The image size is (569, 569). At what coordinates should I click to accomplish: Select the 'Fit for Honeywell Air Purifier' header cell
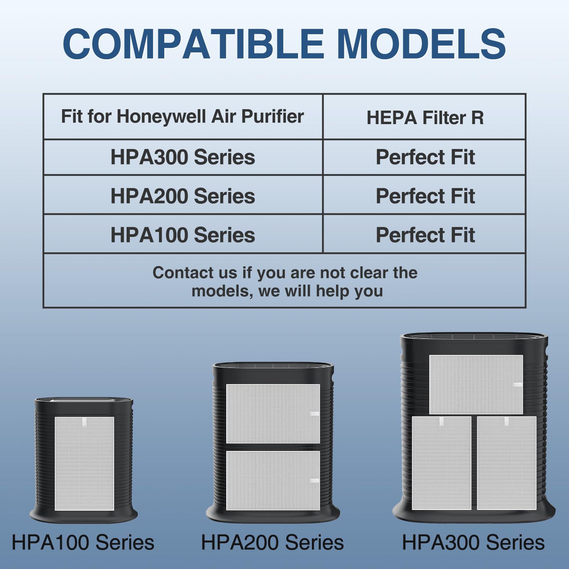(182, 116)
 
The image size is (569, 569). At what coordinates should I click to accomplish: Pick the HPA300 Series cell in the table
(182, 157)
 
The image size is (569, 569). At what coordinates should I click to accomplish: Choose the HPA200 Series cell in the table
(182, 196)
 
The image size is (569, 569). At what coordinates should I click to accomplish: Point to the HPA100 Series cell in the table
(182, 235)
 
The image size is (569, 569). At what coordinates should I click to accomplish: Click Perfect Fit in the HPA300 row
(425, 157)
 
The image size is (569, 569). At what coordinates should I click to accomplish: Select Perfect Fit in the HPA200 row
(425, 196)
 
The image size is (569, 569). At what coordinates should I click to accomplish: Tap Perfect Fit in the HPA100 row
(425, 235)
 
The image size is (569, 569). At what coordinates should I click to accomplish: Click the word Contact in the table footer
(177, 273)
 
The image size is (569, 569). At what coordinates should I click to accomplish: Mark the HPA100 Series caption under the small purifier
(83, 543)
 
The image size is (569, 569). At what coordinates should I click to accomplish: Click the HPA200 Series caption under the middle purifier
(272, 543)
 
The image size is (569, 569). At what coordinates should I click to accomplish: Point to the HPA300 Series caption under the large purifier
(473, 543)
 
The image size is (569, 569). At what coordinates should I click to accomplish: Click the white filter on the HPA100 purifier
(84, 464)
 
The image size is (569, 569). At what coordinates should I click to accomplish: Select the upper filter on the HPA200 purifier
(273, 414)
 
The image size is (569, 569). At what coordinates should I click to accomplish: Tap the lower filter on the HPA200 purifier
(273, 480)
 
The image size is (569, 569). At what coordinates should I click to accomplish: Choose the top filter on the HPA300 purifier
(476, 384)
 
